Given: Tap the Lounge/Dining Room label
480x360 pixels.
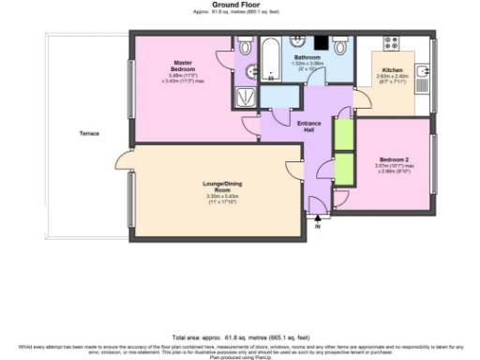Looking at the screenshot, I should (216, 187).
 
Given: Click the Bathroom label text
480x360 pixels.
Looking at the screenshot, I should (308, 58).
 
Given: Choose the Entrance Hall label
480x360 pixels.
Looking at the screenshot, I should (308, 127).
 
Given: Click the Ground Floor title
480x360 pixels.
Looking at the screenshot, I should (240, 5).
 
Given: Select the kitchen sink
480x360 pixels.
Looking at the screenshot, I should (424, 68).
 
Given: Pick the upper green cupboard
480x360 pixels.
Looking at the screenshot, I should (344, 134).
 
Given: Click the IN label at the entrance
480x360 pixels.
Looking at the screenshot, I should (318, 227).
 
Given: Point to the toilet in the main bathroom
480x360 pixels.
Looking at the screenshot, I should (343, 46).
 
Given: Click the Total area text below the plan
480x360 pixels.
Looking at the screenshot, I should (239, 335).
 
